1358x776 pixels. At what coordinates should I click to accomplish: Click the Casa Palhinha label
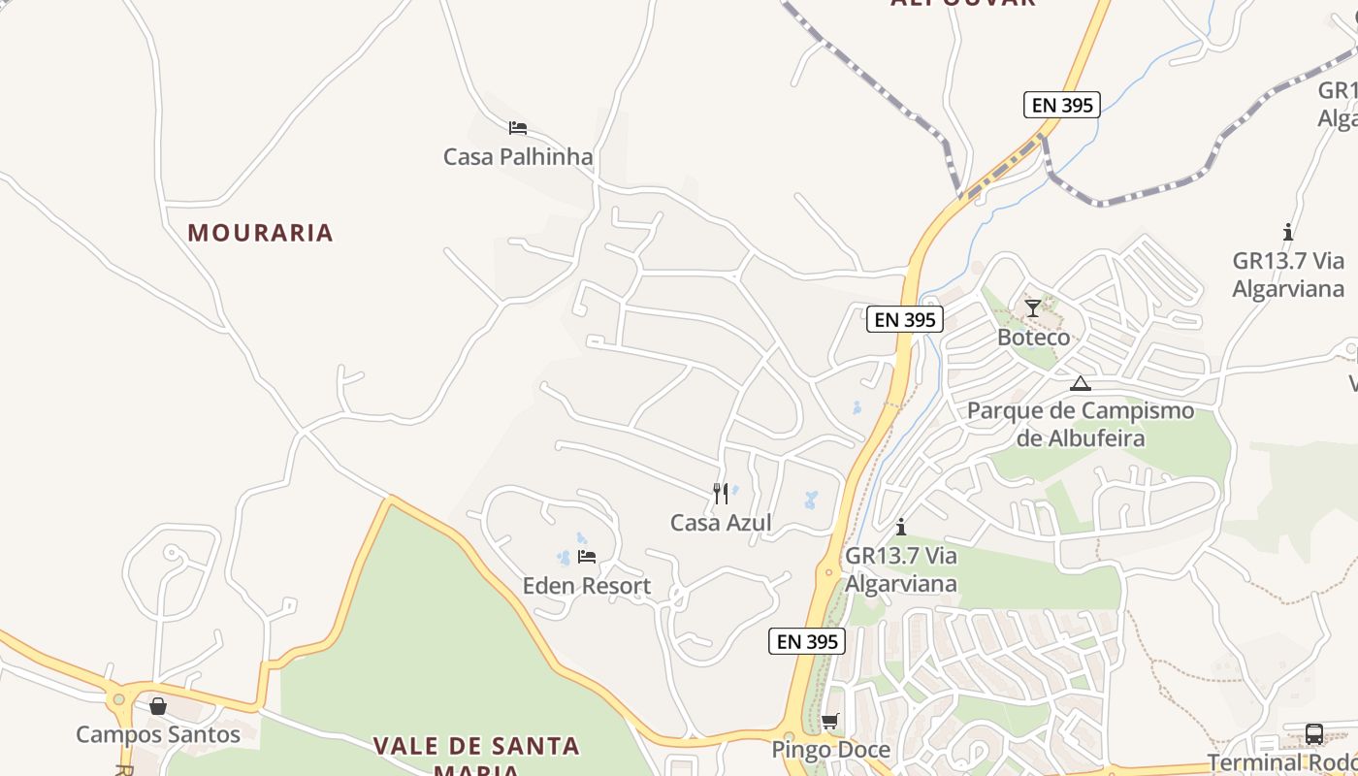coord(517,156)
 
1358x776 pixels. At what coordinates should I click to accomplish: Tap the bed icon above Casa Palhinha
coord(517,127)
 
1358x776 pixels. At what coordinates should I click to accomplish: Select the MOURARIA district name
coord(260,233)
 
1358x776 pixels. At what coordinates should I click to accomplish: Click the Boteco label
coord(1034,338)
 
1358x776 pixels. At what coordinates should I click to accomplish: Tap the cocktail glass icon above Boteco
coord(1032,308)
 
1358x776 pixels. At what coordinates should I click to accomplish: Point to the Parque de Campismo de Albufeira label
coord(1081,424)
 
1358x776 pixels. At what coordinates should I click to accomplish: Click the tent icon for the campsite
coord(1081,383)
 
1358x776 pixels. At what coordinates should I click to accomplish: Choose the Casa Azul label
coord(721,523)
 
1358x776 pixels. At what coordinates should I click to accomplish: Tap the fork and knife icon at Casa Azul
coord(721,494)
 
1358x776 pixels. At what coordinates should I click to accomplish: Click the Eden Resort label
coord(587,586)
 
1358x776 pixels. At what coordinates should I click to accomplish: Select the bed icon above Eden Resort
coord(587,557)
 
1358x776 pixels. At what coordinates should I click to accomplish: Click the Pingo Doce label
coord(830,750)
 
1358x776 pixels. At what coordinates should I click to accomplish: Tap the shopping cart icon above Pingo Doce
coord(829,722)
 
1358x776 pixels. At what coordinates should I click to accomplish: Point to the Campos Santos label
coord(158,734)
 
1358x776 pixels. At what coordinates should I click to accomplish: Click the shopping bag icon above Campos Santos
coord(158,706)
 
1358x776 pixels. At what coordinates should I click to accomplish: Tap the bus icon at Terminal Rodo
coord(1314,734)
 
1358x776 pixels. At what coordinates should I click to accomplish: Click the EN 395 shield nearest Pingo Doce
coord(807,641)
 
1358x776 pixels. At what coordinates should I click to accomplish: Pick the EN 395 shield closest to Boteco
coord(904,319)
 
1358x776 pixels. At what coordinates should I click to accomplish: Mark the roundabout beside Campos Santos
coord(119,698)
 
